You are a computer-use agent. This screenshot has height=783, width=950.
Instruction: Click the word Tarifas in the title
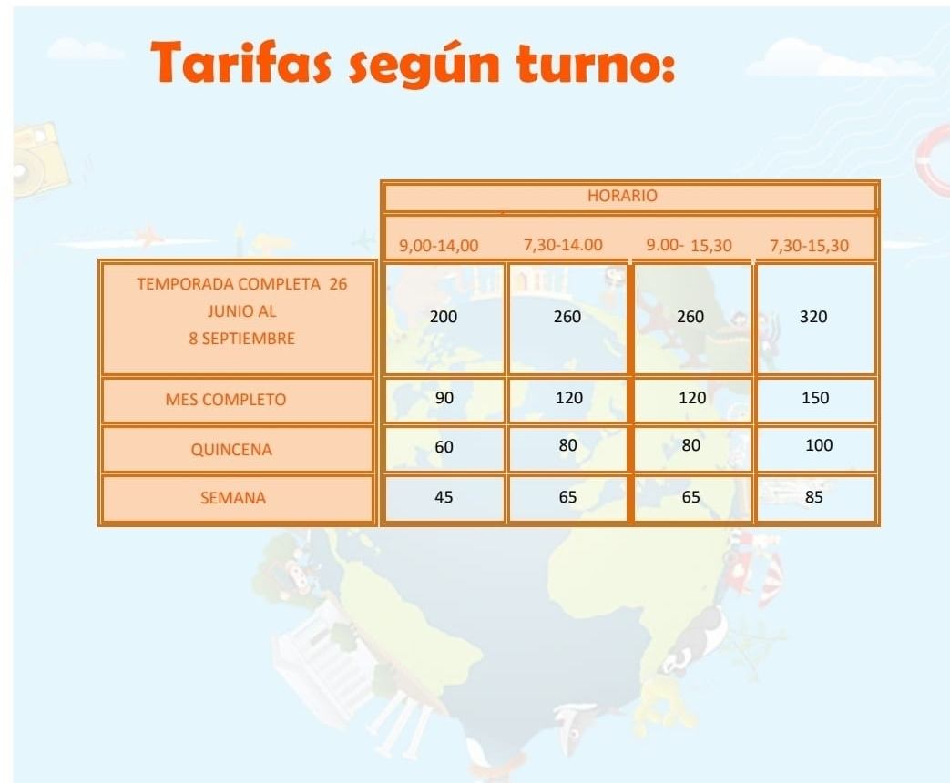tap(240, 62)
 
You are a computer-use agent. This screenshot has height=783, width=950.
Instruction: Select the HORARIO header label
tap(622, 196)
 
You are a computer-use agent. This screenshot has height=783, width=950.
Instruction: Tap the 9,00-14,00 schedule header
tap(439, 246)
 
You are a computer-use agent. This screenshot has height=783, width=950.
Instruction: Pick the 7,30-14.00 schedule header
tap(563, 245)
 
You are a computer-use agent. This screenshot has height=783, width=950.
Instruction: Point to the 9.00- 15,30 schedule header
tap(689, 245)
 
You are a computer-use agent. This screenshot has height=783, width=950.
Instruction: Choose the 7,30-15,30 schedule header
tap(809, 246)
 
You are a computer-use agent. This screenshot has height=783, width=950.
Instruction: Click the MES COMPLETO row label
tap(225, 400)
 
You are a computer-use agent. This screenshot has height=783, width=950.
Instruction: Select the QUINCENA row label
tap(231, 450)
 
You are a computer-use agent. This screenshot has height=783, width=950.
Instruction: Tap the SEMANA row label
tap(233, 498)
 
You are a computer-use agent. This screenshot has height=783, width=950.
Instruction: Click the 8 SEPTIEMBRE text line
tap(241, 339)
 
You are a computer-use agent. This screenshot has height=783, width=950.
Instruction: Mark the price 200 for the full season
tap(444, 317)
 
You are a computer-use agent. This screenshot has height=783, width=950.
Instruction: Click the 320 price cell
tap(813, 317)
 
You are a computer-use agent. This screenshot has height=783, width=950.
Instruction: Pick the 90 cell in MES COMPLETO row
tap(444, 398)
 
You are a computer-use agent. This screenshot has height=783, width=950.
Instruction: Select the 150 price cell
tap(815, 398)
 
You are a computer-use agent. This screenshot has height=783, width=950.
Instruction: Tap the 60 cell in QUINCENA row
tap(444, 447)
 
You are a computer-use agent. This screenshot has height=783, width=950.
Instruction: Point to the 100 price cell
tap(819, 445)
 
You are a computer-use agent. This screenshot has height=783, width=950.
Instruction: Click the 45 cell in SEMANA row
tap(444, 497)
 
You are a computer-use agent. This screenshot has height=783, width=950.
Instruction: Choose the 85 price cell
tap(813, 497)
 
